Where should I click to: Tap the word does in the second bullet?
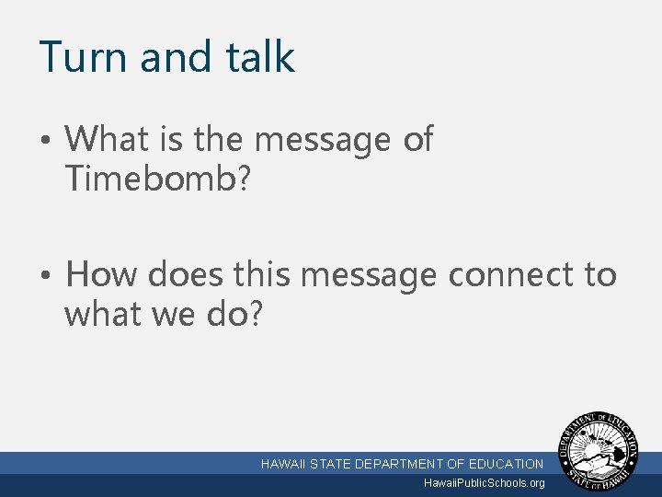(188, 274)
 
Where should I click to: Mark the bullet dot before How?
(46, 276)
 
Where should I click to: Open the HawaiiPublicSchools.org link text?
(484, 483)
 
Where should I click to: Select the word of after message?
(417, 140)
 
